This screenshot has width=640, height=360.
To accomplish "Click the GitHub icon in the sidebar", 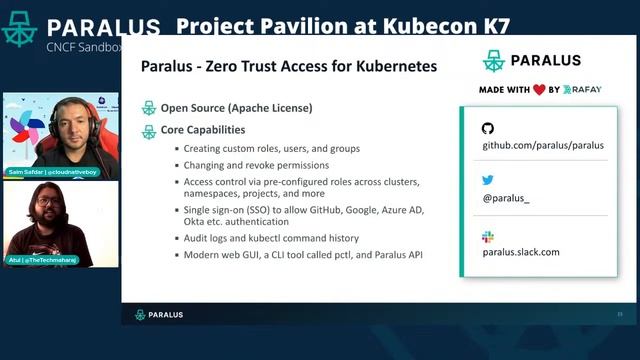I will click(x=488, y=128).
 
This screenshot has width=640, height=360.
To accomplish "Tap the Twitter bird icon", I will click(x=488, y=181).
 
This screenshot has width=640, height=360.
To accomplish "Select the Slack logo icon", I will click(x=488, y=236).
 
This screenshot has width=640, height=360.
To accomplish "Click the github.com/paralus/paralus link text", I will click(x=543, y=145).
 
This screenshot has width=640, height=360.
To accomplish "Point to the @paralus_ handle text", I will click(x=506, y=199).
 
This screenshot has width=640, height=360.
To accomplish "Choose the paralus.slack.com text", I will click(x=521, y=252).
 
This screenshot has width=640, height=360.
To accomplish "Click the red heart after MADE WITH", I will click(x=539, y=89).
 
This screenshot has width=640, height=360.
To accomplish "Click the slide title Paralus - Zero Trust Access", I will click(x=289, y=67).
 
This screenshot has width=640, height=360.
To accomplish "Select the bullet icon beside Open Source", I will click(x=149, y=108).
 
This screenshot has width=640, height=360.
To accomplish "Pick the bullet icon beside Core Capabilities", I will click(x=149, y=130).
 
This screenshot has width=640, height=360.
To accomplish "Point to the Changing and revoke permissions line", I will click(x=256, y=165).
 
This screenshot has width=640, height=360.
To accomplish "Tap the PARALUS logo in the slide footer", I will click(x=159, y=314).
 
